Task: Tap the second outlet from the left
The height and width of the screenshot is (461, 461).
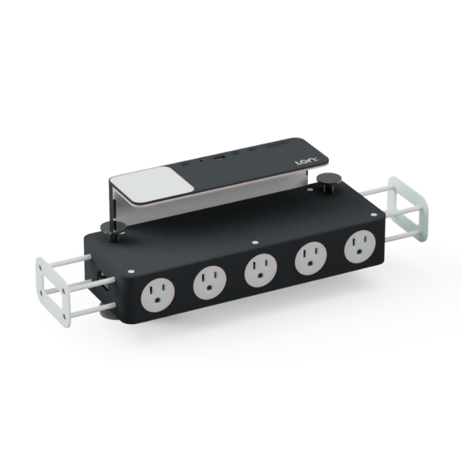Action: click(x=209, y=281)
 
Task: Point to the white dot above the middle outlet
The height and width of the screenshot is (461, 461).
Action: click(x=253, y=243)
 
